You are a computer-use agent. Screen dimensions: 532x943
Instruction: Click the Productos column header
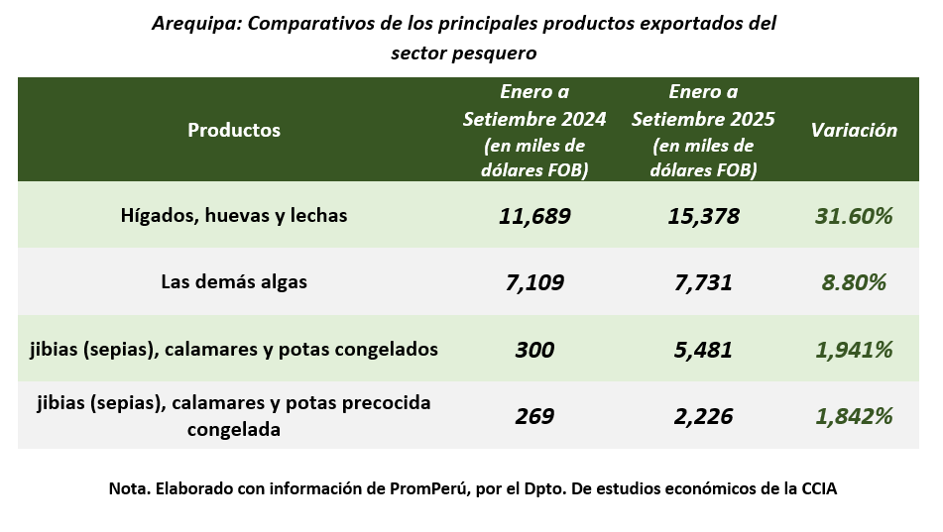point(234,130)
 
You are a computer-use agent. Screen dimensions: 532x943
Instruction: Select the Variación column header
point(854,130)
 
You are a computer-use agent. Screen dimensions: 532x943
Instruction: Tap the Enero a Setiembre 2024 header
point(534,131)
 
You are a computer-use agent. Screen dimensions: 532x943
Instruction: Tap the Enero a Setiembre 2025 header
point(703,131)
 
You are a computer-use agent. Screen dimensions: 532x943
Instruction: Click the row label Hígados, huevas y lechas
point(234,214)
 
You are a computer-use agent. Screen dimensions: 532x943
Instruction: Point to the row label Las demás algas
point(234,281)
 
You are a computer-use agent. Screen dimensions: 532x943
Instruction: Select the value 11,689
point(534,215)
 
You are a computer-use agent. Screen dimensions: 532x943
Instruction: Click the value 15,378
point(703,215)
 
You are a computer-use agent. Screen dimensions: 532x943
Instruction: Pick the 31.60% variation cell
point(854,215)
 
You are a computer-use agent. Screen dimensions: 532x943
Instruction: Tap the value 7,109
point(534,282)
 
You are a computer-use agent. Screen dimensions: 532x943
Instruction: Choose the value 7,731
point(703,282)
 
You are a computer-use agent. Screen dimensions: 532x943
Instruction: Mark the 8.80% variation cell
point(854,282)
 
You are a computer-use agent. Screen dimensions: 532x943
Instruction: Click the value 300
point(534,350)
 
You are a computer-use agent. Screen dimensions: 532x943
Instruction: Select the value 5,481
point(703,350)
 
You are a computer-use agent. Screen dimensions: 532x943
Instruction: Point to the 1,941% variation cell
point(854,350)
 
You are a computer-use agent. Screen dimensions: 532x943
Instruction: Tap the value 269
point(534,416)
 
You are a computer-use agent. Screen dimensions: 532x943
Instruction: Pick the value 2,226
point(703,416)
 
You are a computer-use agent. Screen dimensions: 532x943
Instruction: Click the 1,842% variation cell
point(854,416)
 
